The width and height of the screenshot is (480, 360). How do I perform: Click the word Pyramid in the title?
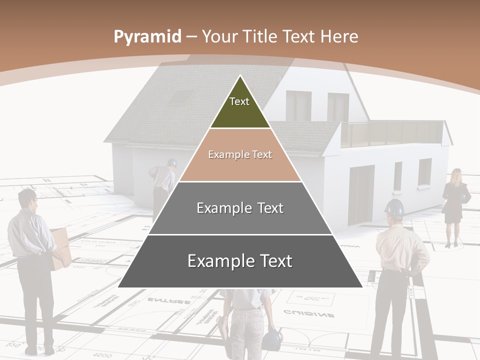(x=147, y=37)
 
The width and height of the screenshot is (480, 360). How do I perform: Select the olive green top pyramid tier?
(x=240, y=107)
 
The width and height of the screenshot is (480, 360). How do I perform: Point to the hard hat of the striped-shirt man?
(x=394, y=207)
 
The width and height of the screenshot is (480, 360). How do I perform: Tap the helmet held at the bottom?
(x=272, y=339)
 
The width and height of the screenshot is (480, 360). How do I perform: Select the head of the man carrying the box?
(x=27, y=198)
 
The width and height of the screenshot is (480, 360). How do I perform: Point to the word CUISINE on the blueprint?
(x=309, y=314)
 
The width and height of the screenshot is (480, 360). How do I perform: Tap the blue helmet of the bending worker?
(x=172, y=162)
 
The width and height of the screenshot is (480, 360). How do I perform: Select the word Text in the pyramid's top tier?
(x=239, y=101)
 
